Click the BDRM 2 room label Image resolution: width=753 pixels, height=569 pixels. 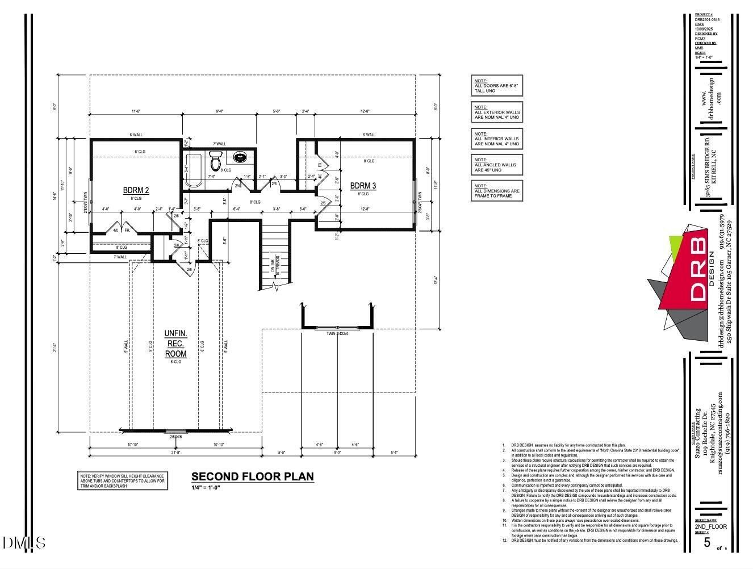click(x=136, y=190)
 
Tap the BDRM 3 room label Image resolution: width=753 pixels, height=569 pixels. click(x=363, y=186)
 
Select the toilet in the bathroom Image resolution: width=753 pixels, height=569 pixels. click(x=215, y=161)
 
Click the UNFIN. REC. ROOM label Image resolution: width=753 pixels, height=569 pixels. click(x=175, y=344)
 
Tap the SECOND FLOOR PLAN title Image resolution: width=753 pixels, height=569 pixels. click(x=252, y=476)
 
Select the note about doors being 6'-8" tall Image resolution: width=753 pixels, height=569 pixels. click(x=496, y=86)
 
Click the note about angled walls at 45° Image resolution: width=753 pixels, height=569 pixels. click(x=496, y=165)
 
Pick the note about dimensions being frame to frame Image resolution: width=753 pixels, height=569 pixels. click(x=496, y=191)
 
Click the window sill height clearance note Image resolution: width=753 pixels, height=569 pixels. click(x=122, y=481)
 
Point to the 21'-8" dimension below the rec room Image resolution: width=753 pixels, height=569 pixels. click(x=175, y=453)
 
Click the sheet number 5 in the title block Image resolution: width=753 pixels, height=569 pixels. click(x=707, y=542)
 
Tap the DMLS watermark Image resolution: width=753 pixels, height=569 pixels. click(x=24, y=543)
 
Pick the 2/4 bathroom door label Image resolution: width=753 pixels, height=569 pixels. click(x=238, y=185)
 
